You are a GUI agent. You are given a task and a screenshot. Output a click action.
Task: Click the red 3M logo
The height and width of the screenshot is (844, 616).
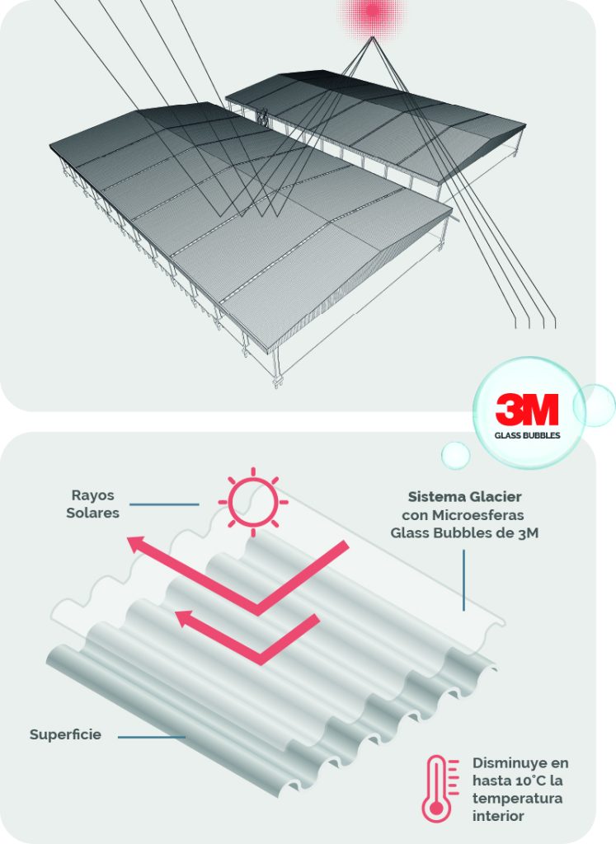point(527,410)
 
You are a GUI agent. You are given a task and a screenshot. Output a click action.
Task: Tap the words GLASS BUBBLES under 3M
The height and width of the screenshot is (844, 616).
point(527,434)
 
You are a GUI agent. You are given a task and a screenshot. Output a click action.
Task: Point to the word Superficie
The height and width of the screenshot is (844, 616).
point(65,734)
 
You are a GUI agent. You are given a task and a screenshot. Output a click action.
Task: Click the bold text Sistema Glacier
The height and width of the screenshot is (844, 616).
point(464,497)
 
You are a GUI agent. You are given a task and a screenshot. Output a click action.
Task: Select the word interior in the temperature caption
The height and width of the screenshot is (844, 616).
point(499,817)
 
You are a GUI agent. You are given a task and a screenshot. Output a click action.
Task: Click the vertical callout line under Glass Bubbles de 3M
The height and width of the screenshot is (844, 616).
point(464,580)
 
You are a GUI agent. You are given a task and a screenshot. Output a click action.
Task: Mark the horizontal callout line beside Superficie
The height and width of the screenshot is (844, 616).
point(152,736)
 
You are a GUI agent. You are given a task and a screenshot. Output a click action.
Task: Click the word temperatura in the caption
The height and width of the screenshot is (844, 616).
point(513,799)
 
